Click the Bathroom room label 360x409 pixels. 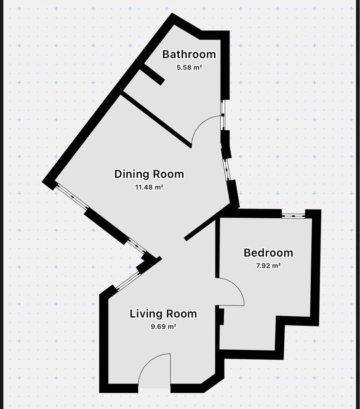click(189, 54)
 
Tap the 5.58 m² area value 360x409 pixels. click(189, 67)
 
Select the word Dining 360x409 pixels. click(132, 174)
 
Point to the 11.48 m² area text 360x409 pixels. click(149, 187)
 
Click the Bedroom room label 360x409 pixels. click(268, 253)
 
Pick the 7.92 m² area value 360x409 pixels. click(268, 266)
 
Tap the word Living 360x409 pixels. click(146, 314)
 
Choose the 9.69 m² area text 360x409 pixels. click(163, 327)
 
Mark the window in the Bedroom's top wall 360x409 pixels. click(294, 215)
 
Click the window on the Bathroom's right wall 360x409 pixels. click(223, 115)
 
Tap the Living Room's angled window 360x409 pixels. click(128, 281)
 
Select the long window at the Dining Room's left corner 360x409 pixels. click(72, 197)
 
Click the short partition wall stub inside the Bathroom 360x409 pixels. click(152, 74)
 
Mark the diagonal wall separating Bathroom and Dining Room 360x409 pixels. click(156, 119)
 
